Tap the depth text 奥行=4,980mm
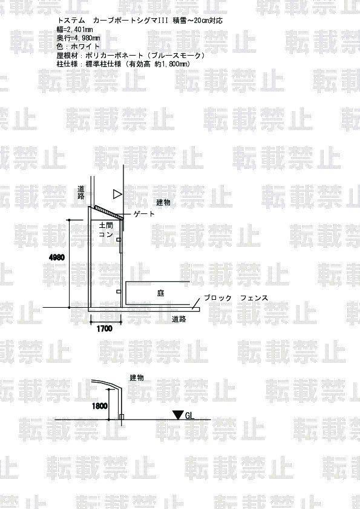point(78,38)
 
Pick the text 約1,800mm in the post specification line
point(172,64)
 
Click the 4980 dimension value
point(57,258)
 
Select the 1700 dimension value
point(104,328)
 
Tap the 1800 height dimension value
point(99,406)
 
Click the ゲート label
point(144,214)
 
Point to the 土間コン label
point(106,230)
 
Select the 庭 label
point(160,293)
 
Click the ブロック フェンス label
point(236,297)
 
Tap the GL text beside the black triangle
point(189,415)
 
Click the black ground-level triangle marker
point(178,415)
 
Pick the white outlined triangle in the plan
point(117,195)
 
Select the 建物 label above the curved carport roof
point(137,378)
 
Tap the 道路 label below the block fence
point(178,319)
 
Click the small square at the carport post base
point(122,417)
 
